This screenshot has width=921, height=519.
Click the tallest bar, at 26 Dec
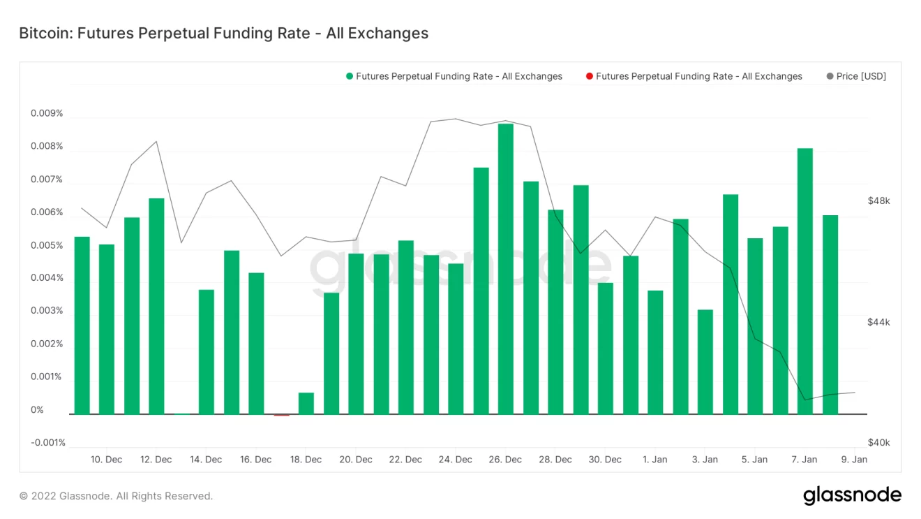[506, 269]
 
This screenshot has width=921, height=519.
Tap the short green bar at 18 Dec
[306, 403]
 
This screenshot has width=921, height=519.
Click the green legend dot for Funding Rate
[349, 76]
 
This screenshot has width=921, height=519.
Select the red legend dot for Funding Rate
[589, 76]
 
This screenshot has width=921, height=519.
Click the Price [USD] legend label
[861, 76]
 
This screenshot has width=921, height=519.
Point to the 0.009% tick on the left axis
[47, 114]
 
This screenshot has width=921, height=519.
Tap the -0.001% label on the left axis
[48, 443]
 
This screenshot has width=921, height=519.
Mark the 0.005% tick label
[47, 246]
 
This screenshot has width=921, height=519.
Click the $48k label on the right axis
[878, 201]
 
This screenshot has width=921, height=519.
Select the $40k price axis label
[878, 443]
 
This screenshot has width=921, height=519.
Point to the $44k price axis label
[878, 323]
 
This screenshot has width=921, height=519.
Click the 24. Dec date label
[455, 460]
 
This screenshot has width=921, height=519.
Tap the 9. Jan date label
[854, 460]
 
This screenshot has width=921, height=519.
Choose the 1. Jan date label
[654, 460]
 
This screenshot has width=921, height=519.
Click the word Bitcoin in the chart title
[43, 33]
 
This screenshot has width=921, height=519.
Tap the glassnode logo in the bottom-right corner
[852, 495]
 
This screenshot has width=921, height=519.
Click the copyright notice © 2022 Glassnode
[116, 496]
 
